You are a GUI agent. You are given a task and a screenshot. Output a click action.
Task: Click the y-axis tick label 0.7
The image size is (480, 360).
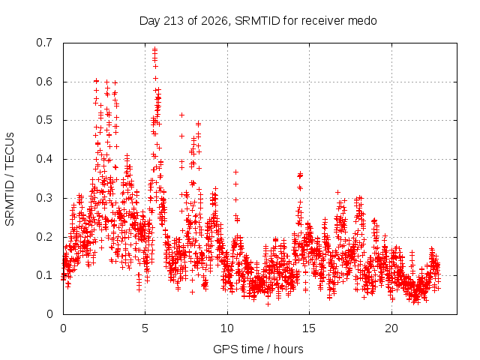44,43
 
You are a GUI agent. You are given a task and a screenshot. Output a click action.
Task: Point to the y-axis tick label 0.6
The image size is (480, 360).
44,82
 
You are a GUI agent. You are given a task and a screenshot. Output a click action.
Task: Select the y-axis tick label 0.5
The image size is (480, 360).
44,120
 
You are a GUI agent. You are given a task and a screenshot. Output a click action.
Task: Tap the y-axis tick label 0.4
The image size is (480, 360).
44,159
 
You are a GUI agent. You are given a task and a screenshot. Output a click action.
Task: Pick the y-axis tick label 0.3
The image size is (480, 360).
44,198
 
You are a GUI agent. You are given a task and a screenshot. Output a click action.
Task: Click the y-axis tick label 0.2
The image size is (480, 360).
44,237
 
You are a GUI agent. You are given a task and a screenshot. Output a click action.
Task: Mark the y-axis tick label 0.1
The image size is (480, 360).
44,275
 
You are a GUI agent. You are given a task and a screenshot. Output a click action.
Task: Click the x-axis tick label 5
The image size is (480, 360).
145,328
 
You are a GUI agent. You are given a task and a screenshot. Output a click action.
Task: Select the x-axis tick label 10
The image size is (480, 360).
227,328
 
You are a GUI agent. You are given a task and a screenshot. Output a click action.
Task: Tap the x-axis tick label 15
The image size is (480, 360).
309,328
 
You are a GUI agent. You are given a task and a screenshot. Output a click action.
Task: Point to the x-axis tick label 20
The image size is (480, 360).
391,328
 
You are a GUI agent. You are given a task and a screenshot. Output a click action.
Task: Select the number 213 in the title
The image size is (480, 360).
174,21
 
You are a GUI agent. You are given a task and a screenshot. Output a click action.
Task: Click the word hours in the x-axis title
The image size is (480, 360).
288,349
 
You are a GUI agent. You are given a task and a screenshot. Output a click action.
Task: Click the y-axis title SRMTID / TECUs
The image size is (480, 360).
10,179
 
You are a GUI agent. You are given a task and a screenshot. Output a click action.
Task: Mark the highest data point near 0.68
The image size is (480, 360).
155,49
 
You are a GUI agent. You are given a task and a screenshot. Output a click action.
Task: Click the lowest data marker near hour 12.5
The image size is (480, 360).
268,304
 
